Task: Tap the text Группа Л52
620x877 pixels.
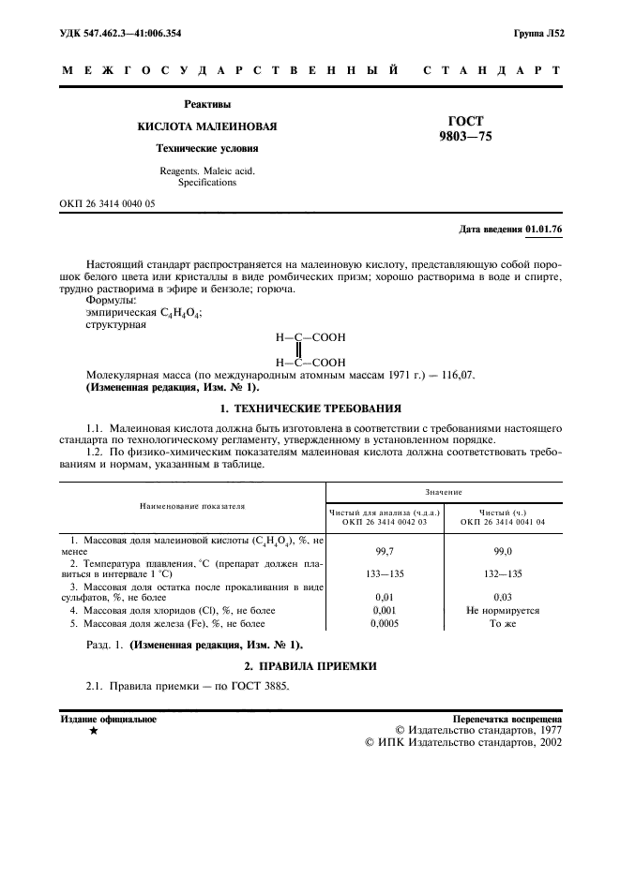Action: pyautogui.click(x=539, y=33)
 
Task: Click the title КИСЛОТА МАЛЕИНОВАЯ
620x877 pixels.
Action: pyautogui.click(x=207, y=126)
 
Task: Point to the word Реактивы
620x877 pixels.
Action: pyautogui.click(x=207, y=104)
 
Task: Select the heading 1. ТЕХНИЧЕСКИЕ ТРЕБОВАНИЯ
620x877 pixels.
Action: pyautogui.click(x=310, y=409)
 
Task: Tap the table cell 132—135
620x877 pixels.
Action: pyautogui.click(x=503, y=573)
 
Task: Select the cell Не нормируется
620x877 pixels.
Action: pyautogui.click(x=503, y=610)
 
